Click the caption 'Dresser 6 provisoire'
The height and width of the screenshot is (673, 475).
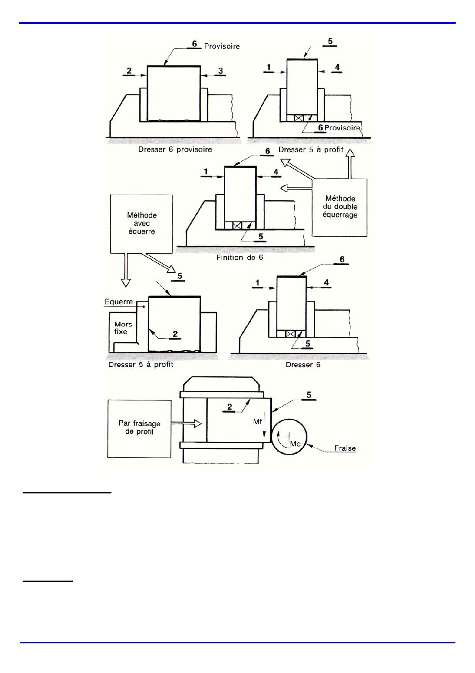click(x=175, y=150)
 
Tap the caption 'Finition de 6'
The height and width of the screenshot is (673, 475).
click(x=239, y=258)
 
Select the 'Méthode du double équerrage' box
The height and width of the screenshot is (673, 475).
click(x=340, y=207)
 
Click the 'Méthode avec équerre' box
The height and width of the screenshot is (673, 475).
click(x=141, y=224)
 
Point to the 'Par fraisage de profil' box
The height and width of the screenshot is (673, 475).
click(x=139, y=428)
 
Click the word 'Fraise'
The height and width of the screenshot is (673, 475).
click(x=345, y=449)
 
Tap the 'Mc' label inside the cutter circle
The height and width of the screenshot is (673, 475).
click(x=295, y=444)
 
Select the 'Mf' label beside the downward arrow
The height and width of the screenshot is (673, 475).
click(x=257, y=422)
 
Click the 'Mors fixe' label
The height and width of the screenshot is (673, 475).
click(x=123, y=328)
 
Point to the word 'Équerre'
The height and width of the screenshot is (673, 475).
click(x=119, y=301)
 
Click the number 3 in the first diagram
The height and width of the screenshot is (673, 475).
click(x=221, y=71)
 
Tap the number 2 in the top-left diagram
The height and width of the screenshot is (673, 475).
click(x=129, y=71)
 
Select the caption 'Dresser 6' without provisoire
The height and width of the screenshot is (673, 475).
click(x=303, y=365)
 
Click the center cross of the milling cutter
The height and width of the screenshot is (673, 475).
click(x=289, y=436)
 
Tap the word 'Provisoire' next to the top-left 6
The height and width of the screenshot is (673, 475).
click(x=222, y=46)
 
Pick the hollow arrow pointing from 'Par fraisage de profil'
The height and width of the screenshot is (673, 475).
click(x=186, y=424)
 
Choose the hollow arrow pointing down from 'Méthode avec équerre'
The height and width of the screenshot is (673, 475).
click(x=126, y=270)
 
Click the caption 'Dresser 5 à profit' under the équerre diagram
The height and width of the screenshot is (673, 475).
click(x=141, y=365)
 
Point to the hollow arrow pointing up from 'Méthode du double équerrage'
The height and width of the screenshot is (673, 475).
click(x=350, y=164)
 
